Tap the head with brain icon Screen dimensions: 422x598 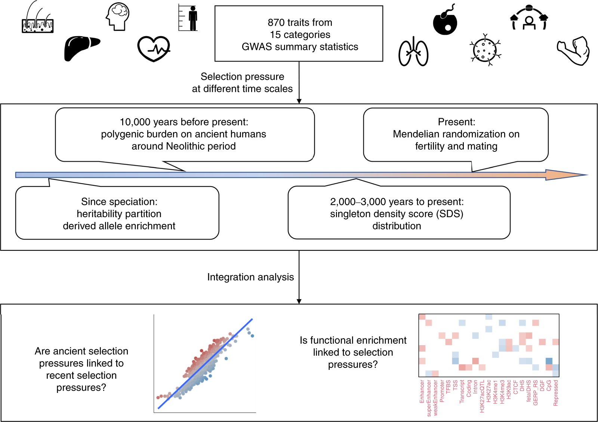pos(118,17)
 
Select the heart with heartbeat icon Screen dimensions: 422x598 pos(154,49)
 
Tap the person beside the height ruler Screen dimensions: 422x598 pos(192,18)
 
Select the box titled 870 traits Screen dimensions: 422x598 pos(299,34)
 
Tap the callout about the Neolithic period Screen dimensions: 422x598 pos(185,134)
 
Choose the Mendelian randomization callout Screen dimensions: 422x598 pos(456,134)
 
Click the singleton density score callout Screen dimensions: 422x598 pos(398,213)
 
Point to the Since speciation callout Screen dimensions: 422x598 pos(117,213)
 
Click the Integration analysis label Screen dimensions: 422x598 pos(250,277)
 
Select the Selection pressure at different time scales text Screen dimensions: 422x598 pos(242,82)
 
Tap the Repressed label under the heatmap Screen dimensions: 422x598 pos(556,393)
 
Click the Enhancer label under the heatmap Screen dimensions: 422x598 pos(422,391)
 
